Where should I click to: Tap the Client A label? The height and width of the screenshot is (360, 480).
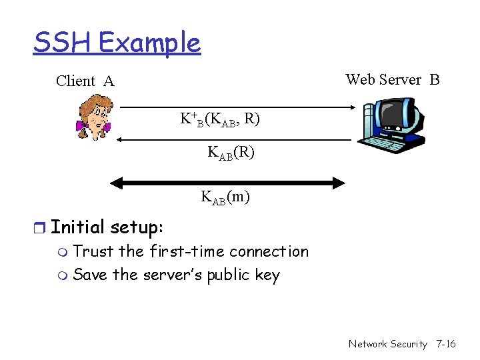[x=85, y=81]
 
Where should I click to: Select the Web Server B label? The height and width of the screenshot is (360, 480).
[x=392, y=80]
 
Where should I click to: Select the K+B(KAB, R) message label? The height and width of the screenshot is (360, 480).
[x=220, y=119]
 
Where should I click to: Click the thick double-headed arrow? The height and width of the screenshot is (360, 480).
[x=227, y=182]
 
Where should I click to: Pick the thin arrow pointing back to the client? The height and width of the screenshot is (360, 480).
[x=233, y=139]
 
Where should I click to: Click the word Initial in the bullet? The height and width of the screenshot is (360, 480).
[x=78, y=227]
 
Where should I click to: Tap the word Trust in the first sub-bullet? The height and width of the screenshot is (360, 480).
[x=93, y=251]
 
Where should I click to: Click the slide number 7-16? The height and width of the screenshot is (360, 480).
[x=445, y=344]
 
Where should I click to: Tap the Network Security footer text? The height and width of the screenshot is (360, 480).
[x=387, y=344]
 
